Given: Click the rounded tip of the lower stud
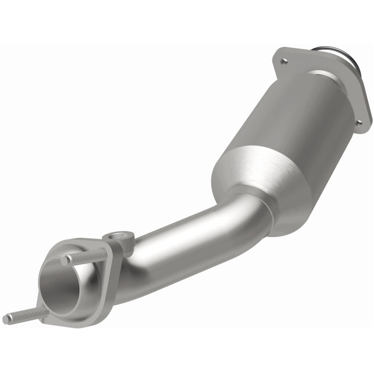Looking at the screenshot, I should (x=6, y=319).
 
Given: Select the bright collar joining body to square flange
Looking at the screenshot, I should (x=327, y=79).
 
